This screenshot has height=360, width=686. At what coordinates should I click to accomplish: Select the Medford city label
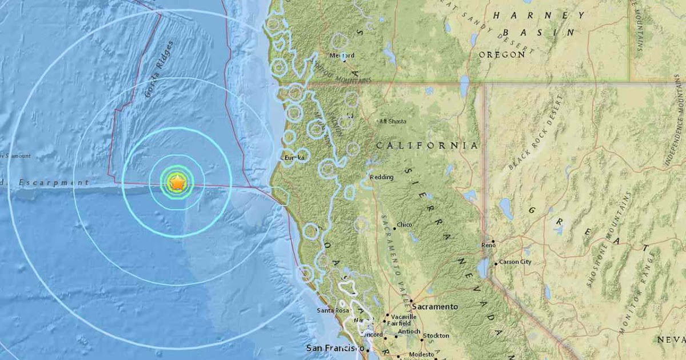(x=342, y=55)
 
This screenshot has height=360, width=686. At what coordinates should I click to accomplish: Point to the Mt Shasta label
(x=392, y=121)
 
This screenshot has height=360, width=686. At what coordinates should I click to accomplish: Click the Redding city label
(x=382, y=177)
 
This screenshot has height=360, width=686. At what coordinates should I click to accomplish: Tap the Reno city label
(x=488, y=244)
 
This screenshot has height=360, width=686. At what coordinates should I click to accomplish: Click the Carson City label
(x=515, y=262)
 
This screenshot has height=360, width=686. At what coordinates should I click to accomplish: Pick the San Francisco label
(x=334, y=347)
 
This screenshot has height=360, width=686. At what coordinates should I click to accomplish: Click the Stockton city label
(x=436, y=335)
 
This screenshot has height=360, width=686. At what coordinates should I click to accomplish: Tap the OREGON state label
(x=502, y=54)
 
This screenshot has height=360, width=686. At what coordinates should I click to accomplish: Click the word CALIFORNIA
(x=427, y=146)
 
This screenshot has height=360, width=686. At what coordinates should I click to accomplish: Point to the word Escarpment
(x=54, y=183)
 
